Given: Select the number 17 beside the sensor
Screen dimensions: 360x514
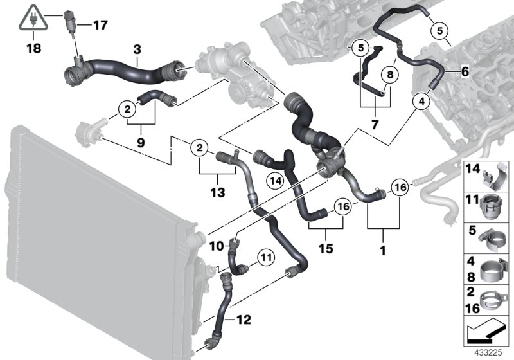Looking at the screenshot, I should pos(100,26).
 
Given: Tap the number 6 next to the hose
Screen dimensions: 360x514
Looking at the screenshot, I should pos(463,73).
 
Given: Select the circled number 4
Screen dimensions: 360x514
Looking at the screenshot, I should pos(421,101).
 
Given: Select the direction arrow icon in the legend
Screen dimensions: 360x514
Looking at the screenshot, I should pos(486,334).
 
